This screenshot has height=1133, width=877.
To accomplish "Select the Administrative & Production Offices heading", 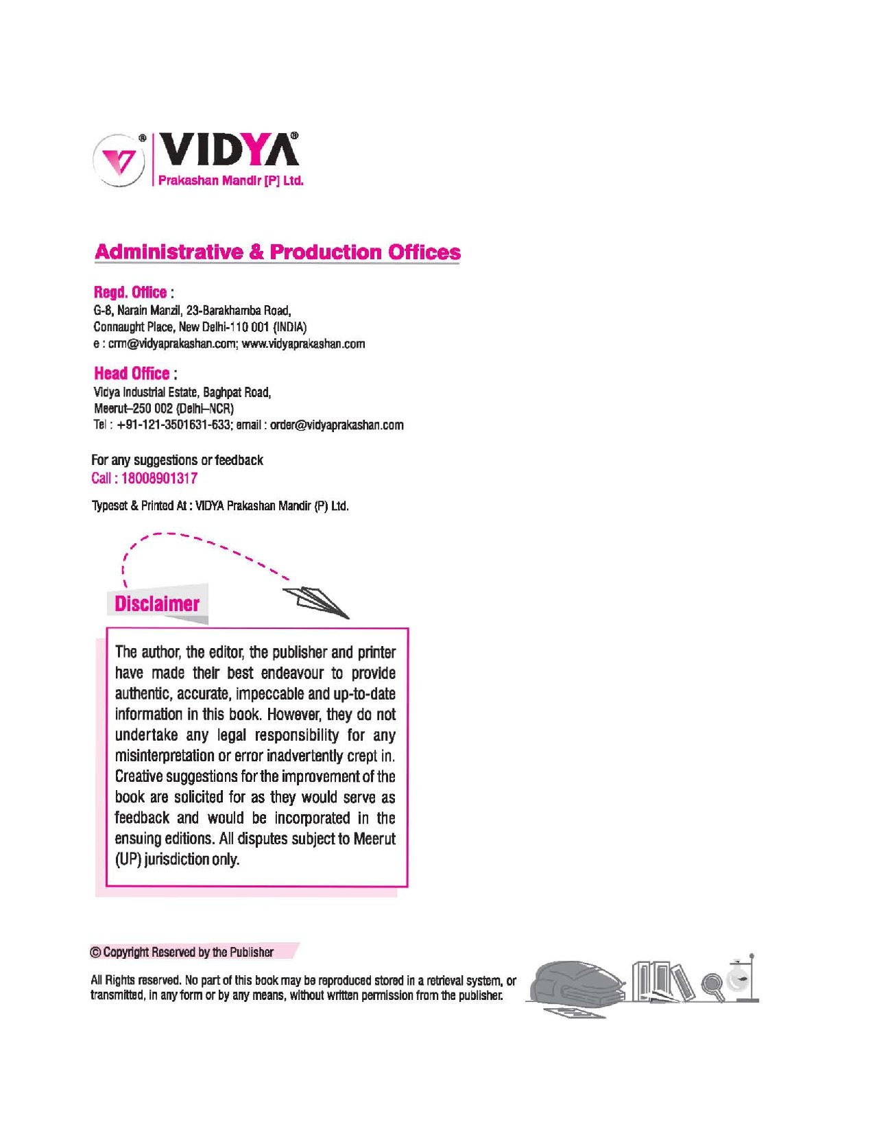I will tap(277, 252).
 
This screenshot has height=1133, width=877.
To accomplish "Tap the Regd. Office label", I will tap(130, 292).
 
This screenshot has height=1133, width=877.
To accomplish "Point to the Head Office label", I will tap(132, 374).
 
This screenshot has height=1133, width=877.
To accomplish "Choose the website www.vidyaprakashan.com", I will tap(303, 344).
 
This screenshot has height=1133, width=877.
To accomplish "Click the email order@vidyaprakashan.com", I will tap(337, 425).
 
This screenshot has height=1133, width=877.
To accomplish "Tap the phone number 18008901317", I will tap(159, 479).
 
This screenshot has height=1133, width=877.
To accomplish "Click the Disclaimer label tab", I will tap(157, 604).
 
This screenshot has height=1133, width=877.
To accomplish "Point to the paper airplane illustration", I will tap(317, 601).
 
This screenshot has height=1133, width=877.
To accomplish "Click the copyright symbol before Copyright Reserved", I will tap(96, 953).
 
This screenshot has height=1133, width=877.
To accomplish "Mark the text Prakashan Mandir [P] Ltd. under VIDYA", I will tap(230, 181).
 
